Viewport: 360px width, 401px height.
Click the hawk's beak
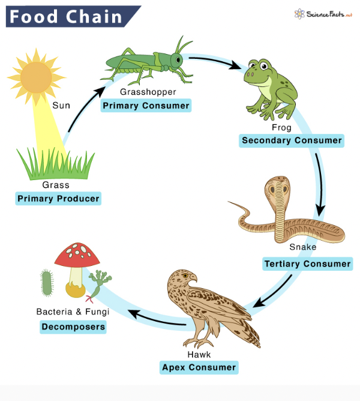tap(193, 279)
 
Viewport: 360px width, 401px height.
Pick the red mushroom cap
tap(76, 255)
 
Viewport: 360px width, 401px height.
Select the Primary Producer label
tap(58, 199)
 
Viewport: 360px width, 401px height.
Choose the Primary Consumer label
tap(146, 106)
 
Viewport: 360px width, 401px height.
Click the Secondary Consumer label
tap(292, 140)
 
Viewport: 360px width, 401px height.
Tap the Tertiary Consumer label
tap(307, 264)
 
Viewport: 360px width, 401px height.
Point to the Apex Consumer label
tap(199, 367)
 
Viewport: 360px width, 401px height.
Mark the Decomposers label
tap(73, 327)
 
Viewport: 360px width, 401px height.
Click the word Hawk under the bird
tap(199, 354)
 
